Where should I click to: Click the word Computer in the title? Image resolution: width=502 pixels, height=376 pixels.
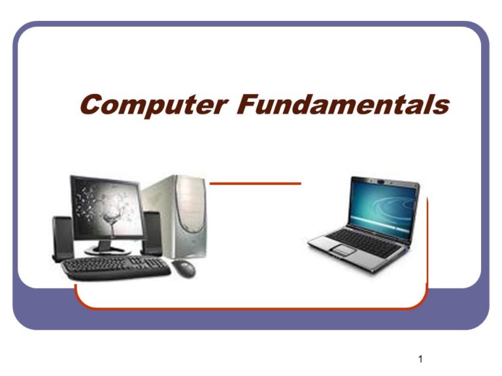click(x=154, y=105)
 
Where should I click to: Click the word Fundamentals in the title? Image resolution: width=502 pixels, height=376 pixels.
click(x=343, y=104)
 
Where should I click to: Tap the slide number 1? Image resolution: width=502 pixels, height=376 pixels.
click(x=420, y=359)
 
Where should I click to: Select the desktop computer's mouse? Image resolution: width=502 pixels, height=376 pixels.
click(x=184, y=268)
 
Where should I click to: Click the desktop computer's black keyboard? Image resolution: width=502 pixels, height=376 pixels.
click(x=116, y=268)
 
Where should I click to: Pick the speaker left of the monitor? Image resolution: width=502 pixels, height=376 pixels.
click(x=63, y=238)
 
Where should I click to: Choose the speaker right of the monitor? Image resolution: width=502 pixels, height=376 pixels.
click(x=152, y=233)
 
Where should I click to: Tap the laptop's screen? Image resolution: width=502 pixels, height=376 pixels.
click(x=382, y=207)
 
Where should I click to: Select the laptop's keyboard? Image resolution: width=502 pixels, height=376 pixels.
click(x=364, y=242)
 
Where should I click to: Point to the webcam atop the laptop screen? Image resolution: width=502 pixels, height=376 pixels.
click(x=380, y=181)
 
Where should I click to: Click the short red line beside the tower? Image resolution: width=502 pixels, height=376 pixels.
click(x=255, y=183)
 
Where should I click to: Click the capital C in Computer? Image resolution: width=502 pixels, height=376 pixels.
click(x=93, y=104)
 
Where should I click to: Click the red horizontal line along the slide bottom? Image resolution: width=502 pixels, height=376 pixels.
click(x=251, y=309)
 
